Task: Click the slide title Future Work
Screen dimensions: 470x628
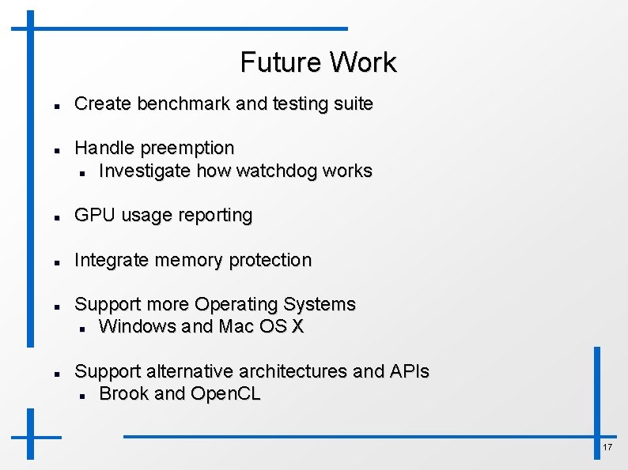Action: (318, 62)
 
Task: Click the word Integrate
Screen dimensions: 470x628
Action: (110, 260)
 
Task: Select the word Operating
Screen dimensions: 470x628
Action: (236, 304)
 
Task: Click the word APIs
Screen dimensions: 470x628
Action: (409, 371)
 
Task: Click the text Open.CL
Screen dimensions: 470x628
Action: (225, 393)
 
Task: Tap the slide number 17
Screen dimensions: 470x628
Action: (607, 448)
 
